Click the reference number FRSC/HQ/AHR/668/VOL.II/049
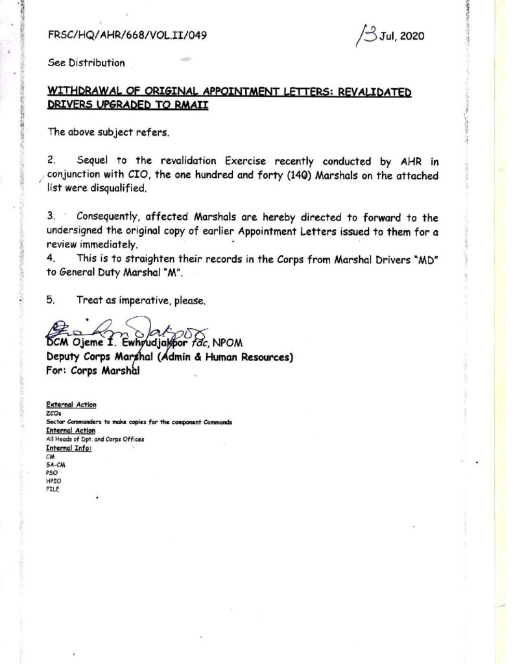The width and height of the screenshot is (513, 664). tap(127, 36)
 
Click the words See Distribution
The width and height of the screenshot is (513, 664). tap(86, 63)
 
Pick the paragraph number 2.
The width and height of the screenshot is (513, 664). tap(51, 161)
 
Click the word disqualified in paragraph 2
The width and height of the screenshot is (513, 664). tap(118, 189)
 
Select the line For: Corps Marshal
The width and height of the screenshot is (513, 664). tap(92, 371)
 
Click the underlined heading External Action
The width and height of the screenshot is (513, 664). tap(71, 405)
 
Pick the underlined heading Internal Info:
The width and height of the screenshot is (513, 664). tap(69, 448)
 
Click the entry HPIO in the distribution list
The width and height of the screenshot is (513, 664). tap(53, 481)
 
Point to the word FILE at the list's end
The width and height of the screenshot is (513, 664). tap(53, 489)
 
